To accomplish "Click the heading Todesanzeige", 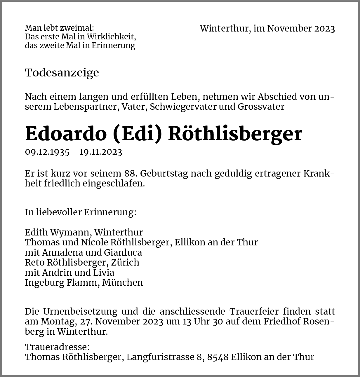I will (x=62, y=73).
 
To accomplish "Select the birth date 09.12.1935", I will (x=47, y=152).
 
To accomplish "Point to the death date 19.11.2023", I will (x=101, y=152).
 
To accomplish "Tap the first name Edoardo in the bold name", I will (x=66, y=134).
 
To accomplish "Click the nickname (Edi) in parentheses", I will (x=137, y=134).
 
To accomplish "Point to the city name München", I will (x=122, y=282).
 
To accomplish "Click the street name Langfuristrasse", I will (x=160, y=357).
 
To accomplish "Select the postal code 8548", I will (x=218, y=357).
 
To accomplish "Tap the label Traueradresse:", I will (x=57, y=347).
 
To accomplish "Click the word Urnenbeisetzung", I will (x=80, y=311).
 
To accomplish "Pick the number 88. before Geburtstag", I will (x=131, y=173).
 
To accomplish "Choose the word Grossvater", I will (x=261, y=107).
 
